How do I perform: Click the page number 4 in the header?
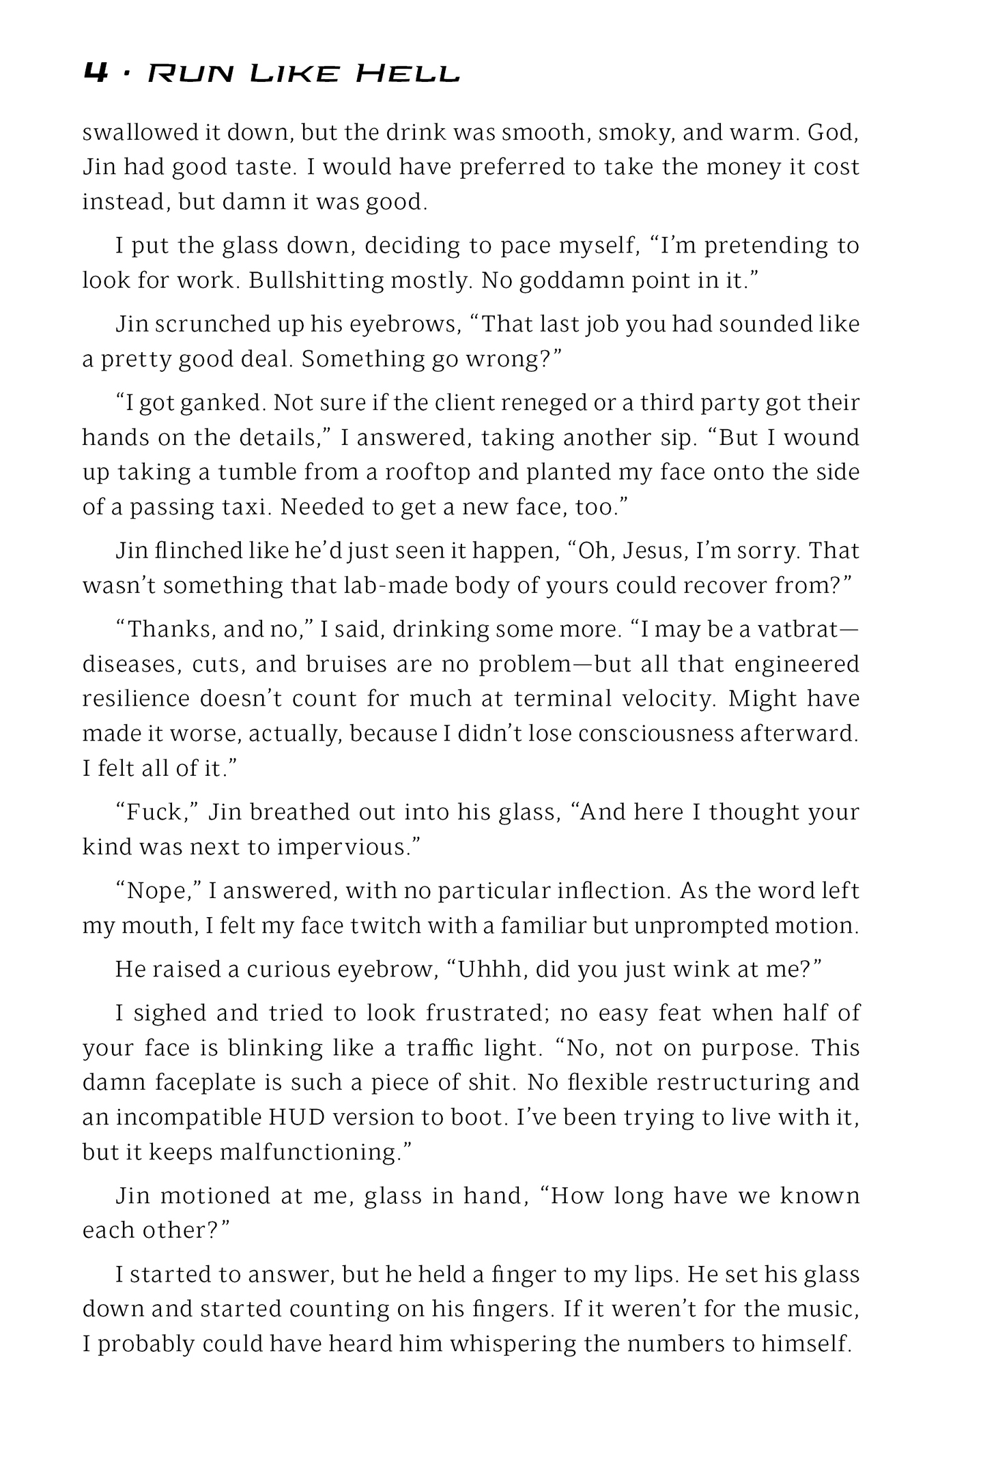[95, 73]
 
